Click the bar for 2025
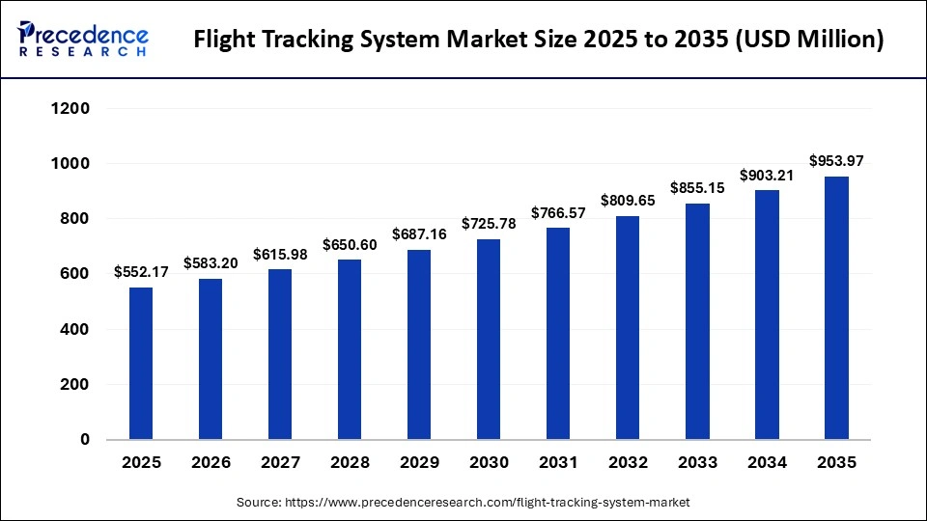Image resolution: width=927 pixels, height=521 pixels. [141, 363]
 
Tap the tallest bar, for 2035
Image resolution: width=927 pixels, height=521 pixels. [836, 308]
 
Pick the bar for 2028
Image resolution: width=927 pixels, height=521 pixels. [350, 349]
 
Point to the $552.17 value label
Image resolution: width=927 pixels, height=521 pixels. [141, 271]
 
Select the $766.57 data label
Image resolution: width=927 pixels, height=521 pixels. [558, 211]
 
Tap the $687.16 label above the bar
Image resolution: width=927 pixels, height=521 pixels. [419, 233]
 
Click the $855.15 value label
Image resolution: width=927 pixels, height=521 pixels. [697, 187]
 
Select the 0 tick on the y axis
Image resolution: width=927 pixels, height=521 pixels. [84, 439]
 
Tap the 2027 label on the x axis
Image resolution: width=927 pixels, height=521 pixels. [280, 463]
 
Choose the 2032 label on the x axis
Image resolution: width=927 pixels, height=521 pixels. [628, 463]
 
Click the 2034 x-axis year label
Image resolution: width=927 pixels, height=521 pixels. [767, 463]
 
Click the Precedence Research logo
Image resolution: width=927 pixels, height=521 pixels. [83, 40]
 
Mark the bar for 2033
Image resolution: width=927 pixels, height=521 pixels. [697, 321]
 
